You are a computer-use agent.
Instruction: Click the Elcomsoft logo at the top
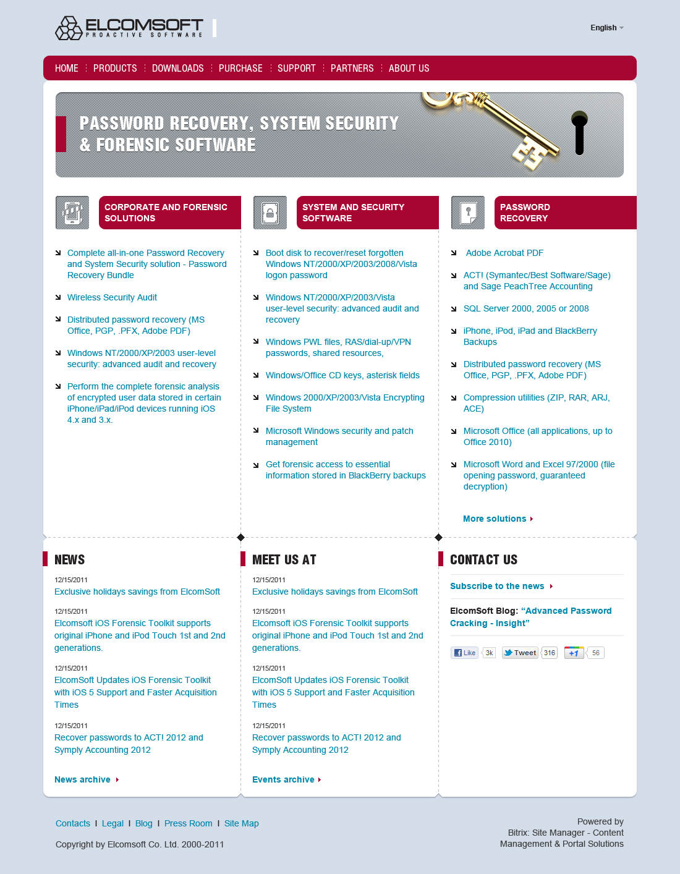(x=129, y=28)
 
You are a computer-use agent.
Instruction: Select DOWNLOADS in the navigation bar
(x=177, y=68)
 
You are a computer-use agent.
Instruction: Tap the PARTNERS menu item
(x=352, y=68)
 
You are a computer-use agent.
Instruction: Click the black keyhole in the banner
(x=579, y=132)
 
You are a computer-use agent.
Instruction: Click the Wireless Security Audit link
(x=112, y=297)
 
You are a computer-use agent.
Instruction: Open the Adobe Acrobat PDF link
(x=504, y=253)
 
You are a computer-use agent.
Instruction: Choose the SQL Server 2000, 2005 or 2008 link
(x=526, y=308)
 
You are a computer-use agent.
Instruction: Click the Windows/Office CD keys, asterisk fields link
(x=342, y=375)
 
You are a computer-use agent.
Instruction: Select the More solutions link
(x=495, y=519)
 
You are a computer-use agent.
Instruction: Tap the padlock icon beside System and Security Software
(x=270, y=213)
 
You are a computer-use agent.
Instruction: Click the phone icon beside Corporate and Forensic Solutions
(x=72, y=213)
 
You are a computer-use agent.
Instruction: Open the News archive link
(x=83, y=779)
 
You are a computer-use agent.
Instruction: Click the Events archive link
(x=284, y=779)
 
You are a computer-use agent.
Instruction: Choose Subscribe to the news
(x=498, y=586)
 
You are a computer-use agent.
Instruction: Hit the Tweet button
(x=519, y=653)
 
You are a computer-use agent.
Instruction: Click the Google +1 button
(x=574, y=653)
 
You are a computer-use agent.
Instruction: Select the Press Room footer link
(x=188, y=823)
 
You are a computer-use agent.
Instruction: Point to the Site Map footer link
(x=241, y=823)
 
